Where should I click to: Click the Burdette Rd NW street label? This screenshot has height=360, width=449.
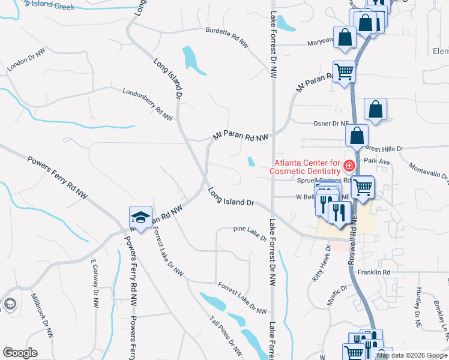[227, 37]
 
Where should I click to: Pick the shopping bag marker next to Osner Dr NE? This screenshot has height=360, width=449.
[375, 110]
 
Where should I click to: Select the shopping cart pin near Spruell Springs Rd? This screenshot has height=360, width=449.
[362, 187]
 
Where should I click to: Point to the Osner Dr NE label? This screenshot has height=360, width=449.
[331, 124]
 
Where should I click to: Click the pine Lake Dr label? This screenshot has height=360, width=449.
[249, 233]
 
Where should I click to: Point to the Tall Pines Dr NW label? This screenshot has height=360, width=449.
[226, 335]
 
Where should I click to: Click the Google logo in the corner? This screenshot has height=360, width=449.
[20, 353]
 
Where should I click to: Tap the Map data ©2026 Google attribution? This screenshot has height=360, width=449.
[411, 355]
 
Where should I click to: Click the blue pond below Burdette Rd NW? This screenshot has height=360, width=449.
[193, 59]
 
